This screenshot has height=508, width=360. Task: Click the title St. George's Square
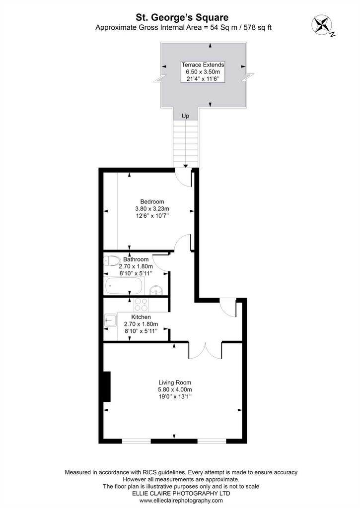182,17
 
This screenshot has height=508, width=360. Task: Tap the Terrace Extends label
203,64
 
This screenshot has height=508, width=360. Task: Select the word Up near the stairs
185,116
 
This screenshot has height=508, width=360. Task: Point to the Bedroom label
152,201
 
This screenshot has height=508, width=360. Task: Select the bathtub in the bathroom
124,286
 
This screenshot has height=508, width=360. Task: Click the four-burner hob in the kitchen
141,305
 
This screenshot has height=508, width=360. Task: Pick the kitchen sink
110,320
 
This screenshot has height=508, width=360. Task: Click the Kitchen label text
141,317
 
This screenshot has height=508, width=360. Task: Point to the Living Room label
175,382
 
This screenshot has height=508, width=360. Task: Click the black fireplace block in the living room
107,386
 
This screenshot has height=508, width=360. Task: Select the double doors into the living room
205,351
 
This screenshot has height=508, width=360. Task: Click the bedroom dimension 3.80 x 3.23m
152,209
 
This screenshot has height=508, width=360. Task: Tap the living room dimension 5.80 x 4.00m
175,389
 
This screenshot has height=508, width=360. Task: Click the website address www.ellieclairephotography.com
181,500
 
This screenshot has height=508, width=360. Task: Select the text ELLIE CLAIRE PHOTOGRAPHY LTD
181,493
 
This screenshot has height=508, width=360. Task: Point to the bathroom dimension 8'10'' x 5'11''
136,273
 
